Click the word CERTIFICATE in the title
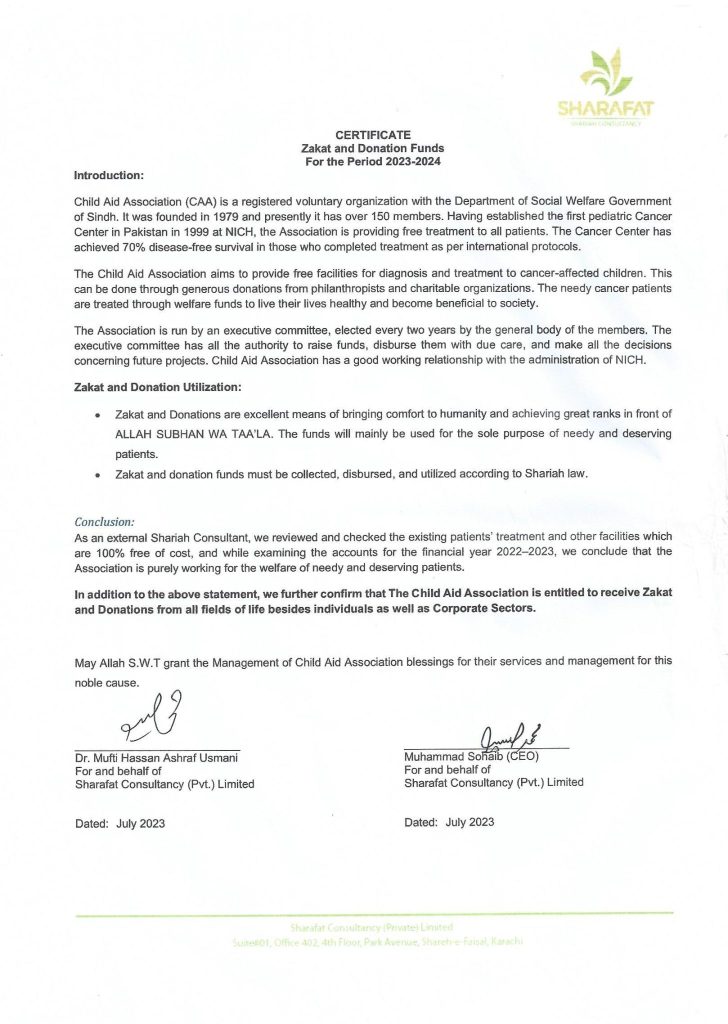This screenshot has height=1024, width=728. tap(373, 134)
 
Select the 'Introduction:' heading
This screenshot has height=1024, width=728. tap(110, 175)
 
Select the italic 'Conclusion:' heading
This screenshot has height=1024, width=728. tap(105, 522)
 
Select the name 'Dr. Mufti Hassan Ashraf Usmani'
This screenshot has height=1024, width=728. tap(158, 756)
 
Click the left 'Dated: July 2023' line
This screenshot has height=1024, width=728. tap(120, 823)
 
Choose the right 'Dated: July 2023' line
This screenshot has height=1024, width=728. tap(449, 822)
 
